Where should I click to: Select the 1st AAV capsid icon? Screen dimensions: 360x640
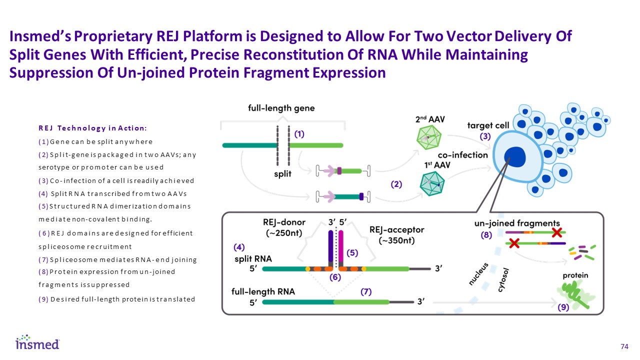tap(433, 184)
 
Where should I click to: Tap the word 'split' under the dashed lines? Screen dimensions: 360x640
tap(281, 174)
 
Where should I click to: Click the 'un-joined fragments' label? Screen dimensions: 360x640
tap(517, 223)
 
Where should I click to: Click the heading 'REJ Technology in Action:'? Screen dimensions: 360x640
tap(92, 128)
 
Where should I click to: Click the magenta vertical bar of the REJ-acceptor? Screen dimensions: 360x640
tap(341, 247)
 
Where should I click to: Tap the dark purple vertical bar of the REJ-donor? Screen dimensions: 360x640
tap(330, 247)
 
